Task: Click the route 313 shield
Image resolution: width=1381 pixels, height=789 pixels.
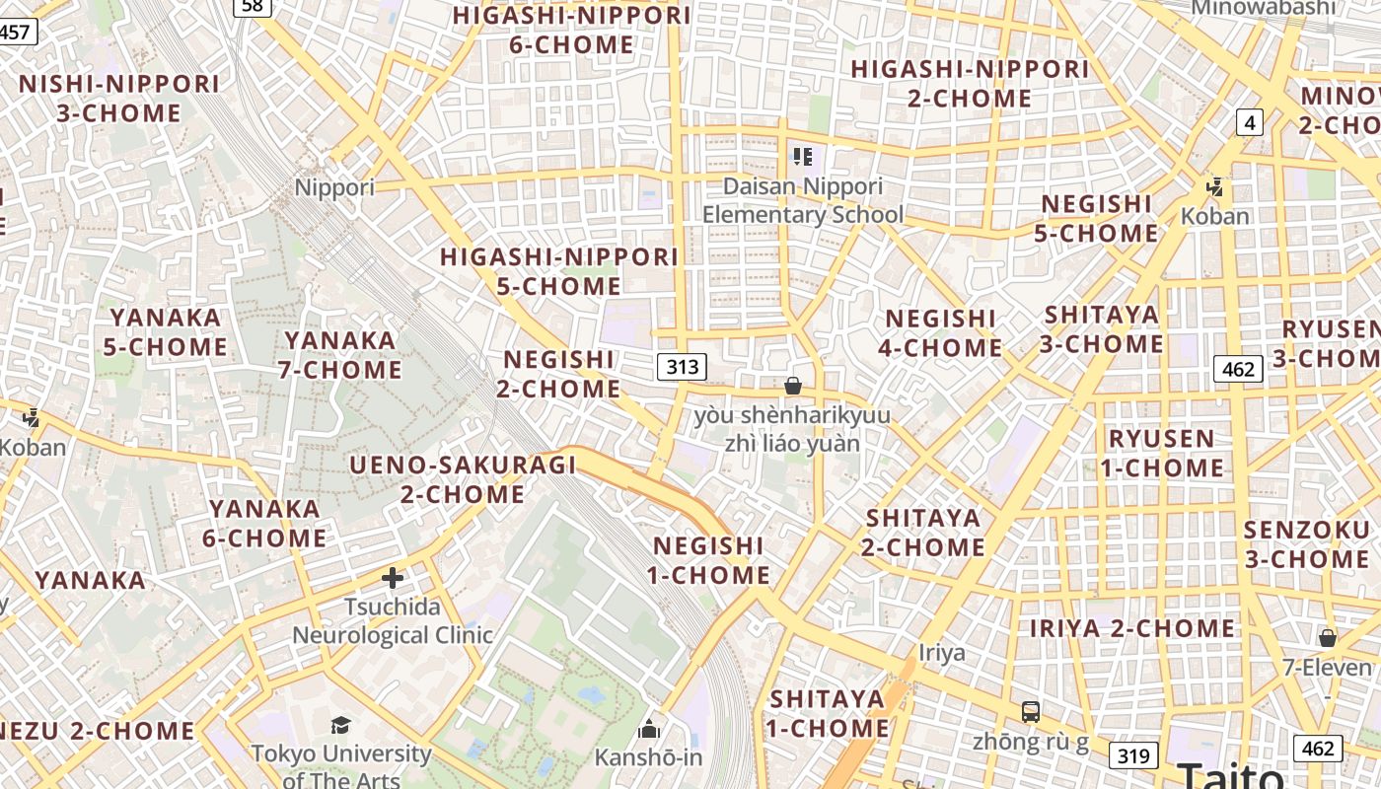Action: (x=682, y=367)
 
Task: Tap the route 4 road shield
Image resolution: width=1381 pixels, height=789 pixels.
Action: (x=1250, y=122)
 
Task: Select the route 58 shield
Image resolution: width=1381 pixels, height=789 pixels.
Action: (x=254, y=6)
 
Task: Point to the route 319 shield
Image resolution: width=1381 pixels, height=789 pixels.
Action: (x=1133, y=755)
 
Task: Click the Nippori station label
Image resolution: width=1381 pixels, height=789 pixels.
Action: (x=335, y=187)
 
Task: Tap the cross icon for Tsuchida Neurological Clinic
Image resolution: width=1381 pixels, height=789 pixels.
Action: (x=393, y=578)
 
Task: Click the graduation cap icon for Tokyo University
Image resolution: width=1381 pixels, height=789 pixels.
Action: (x=340, y=726)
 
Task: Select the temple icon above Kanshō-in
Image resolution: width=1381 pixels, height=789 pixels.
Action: (x=649, y=730)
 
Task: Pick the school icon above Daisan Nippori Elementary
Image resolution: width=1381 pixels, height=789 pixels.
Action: (x=802, y=156)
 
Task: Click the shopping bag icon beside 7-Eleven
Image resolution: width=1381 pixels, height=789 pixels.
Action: (x=1328, y=638)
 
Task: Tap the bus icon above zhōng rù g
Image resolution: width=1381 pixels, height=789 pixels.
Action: (x=1030, y=711)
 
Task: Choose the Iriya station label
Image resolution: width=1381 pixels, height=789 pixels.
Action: (x=942, y=653)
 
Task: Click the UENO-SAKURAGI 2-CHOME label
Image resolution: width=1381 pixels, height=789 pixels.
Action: (x=464, y=479)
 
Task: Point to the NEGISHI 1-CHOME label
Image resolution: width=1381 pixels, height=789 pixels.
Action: (x=709, y=560)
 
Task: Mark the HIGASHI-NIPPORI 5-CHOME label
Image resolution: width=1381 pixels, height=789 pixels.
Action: (x=559, y=271)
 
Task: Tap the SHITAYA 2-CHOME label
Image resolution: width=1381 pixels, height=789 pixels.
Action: (x=923, y=533)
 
